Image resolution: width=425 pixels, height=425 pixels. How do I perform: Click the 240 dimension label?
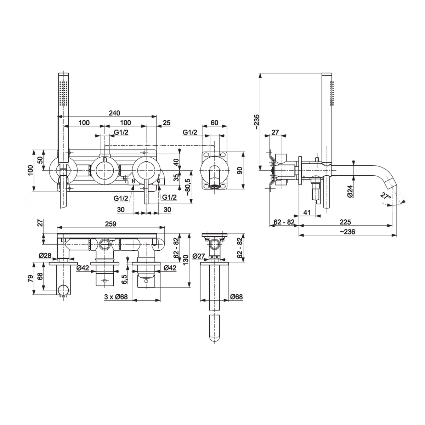[x=114, y=113]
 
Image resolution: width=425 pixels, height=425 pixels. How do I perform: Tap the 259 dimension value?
[x=110, y=224]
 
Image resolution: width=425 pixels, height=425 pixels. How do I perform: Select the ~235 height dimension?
[x=257, y=122]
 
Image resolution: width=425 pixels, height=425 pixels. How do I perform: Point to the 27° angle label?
[x=385, y=195]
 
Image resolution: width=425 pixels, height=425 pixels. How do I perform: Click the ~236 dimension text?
[x=347, y=232]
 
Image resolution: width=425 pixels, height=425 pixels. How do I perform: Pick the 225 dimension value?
[x=345, y=222]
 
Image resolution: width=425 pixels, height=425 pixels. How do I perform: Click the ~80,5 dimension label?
[x=188, y=187]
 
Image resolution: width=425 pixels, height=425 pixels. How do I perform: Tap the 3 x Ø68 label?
[x=116, y=297]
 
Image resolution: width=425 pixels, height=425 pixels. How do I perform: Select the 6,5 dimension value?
[x=124, y=279]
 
